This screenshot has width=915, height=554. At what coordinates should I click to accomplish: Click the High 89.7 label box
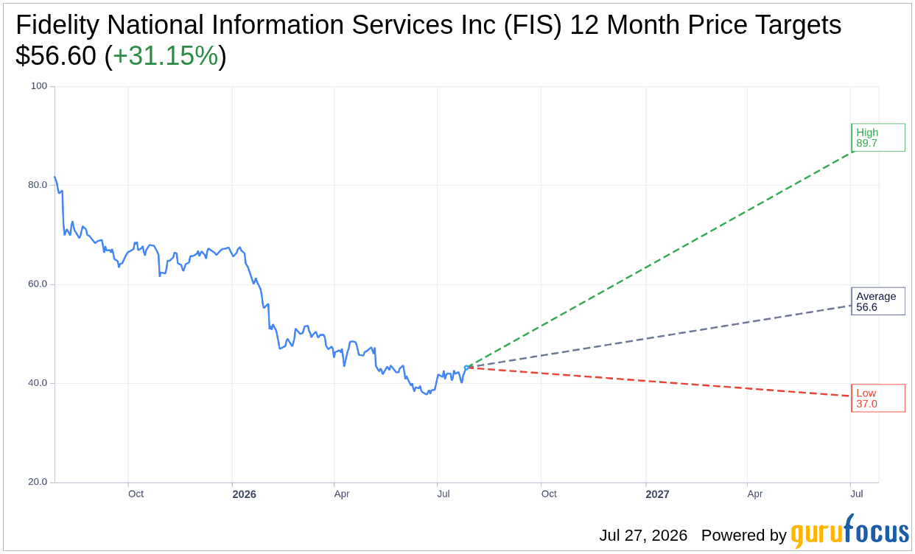click(x=878, y=138)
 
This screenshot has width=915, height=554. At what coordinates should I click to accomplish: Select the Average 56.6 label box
click(x=878, y=301)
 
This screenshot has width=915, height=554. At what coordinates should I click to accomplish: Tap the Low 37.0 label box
click(x=878, y=398)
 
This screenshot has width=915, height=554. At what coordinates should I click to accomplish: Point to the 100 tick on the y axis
click(x=39, y=86)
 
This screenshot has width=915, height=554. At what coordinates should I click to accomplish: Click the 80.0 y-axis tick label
click(x=38, y=185)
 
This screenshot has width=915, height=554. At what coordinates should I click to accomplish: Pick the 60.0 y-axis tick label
click(x=38, y=284)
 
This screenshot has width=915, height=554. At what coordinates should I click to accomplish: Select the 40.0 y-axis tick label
click(x=38, y=383)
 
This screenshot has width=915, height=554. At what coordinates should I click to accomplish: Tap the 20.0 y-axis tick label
click(x=38, y=482)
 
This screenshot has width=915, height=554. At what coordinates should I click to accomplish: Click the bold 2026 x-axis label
click(x=245, y=494)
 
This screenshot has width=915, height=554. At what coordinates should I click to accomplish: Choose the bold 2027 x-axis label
click(x=657, y=494)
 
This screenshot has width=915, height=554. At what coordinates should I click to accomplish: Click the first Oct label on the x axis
click(x=136, y=494)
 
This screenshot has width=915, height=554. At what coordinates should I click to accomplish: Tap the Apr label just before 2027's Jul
click(x=755, y=494)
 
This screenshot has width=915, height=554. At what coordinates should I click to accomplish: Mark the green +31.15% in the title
click(x=166, y=55)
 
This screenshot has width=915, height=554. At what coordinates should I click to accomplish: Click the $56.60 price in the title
click(x=56, y=55)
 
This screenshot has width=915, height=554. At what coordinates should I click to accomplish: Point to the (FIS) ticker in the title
click(x=533, y=25)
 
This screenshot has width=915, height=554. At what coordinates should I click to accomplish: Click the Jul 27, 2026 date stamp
click(x=643, y=535)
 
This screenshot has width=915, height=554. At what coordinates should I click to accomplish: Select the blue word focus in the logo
click(x=877, y=529)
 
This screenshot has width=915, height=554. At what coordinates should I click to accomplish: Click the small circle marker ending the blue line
click(x=466, y=368)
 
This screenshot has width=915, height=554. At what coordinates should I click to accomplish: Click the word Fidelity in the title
click(x=57, y=25)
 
